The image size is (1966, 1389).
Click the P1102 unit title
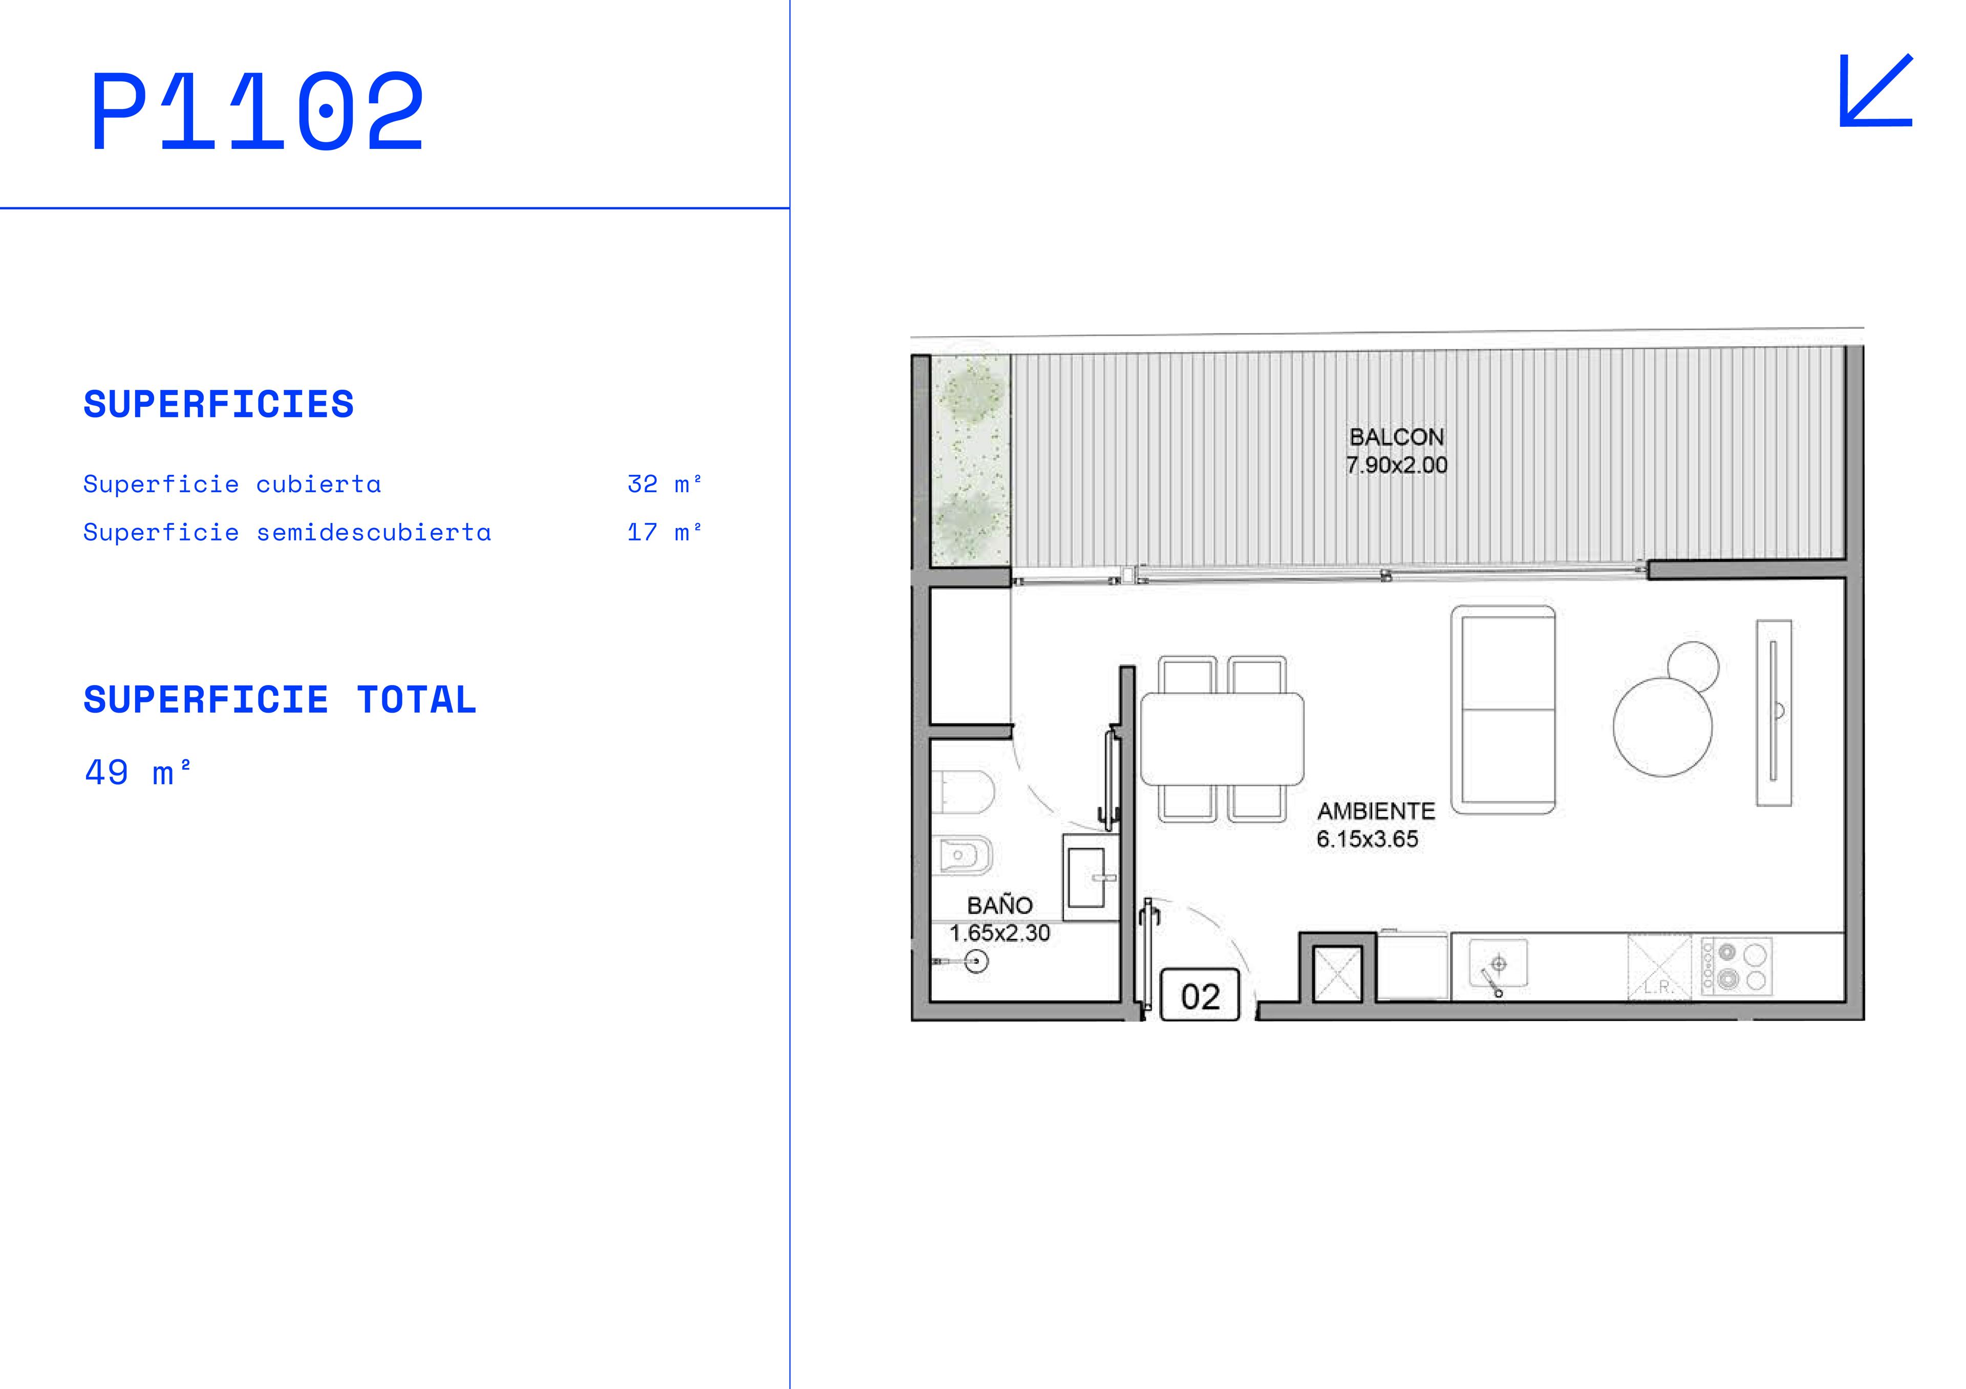[x=258, y=111]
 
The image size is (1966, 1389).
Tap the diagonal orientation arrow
[x=1875, y=91]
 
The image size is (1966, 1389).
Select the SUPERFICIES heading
[x=218, y=405]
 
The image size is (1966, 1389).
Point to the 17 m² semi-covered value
[x=665, y=532]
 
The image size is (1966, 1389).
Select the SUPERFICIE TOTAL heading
[x=279, y=700]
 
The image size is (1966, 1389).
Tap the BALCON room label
[x=1397, y=437]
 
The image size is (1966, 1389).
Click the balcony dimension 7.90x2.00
[x=1397, y=466]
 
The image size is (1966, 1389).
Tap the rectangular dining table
[x=1222, y=739]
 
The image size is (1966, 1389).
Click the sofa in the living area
[x=1503, y=710]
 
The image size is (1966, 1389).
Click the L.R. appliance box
[x=1659, y=967]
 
